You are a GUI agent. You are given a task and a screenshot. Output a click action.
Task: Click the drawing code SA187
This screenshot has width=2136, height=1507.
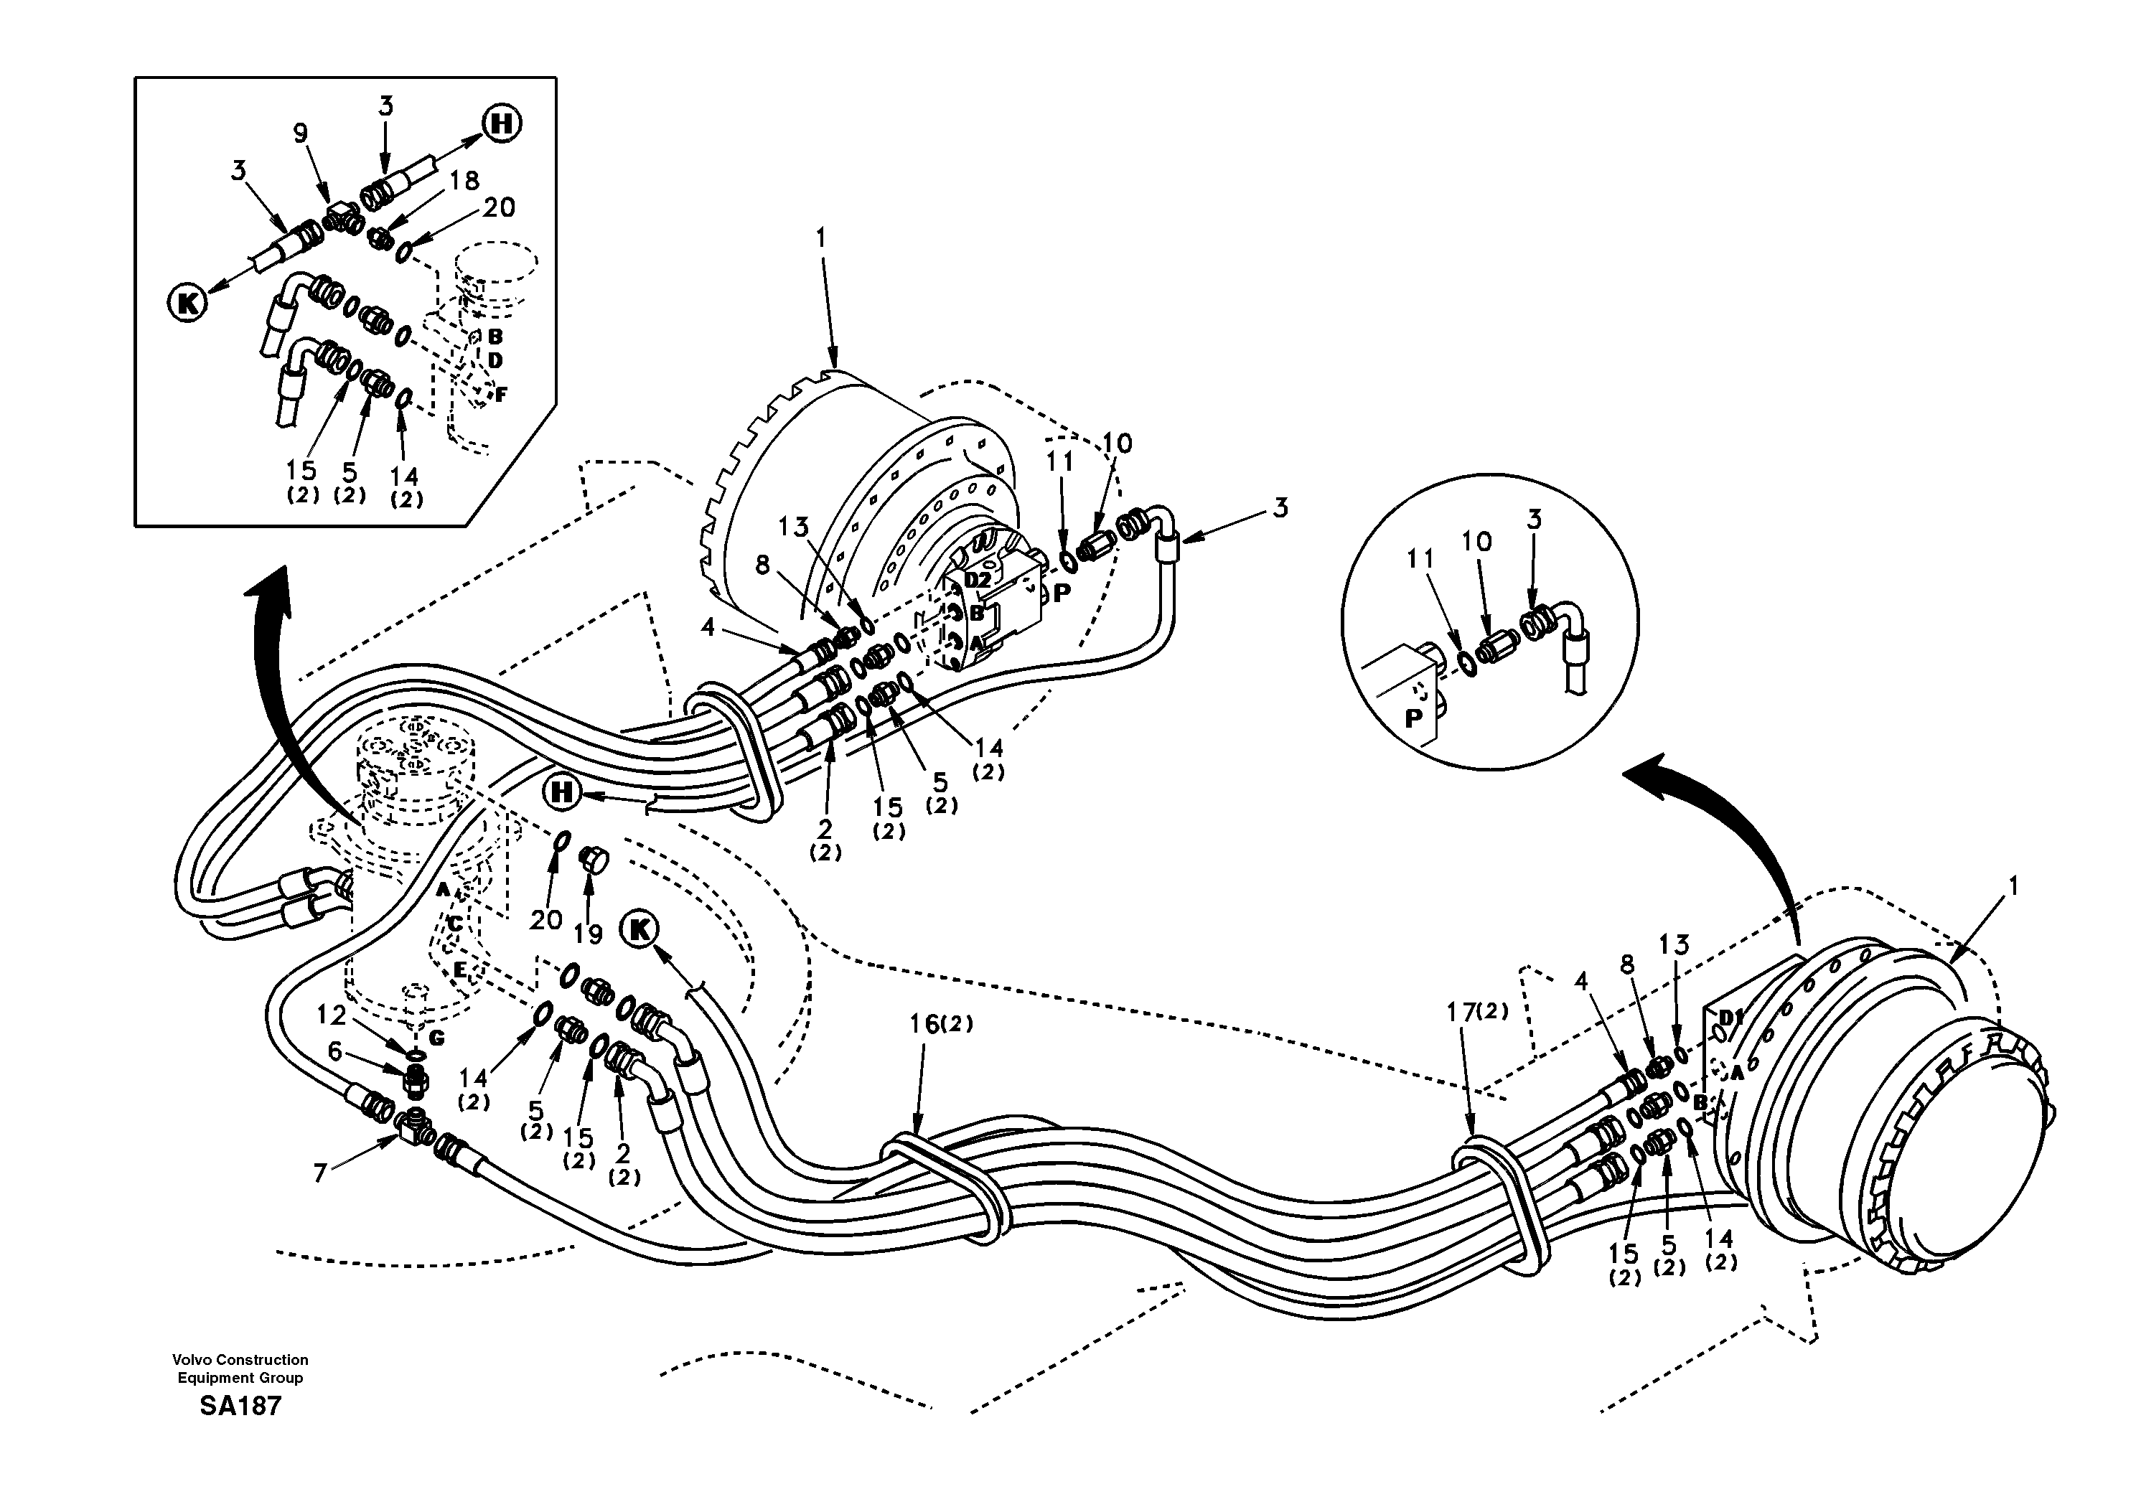point(240,1406)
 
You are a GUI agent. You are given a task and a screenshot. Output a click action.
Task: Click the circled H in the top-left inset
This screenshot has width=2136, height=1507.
point(502,123)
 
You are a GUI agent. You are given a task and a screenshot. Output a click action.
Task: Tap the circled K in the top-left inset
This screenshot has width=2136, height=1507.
point(187,302)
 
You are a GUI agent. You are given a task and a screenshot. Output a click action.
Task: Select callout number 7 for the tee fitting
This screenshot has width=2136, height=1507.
point(320,1174)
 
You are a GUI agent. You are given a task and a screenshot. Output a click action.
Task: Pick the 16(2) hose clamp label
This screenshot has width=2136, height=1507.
point(940,1024)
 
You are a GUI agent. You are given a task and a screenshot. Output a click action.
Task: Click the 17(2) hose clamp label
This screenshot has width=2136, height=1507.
point(1477,1010)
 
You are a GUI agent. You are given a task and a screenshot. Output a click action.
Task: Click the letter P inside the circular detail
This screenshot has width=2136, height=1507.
point(1414,718)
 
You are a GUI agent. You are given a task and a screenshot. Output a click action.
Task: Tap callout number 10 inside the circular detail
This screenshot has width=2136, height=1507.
point(1476,540)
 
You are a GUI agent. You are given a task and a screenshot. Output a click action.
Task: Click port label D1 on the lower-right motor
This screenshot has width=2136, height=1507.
point(1730,1016)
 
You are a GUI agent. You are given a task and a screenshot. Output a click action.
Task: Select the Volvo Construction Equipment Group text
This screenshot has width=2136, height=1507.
point(240,1368)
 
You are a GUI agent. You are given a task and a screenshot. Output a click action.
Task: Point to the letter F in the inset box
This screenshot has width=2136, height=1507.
point(500,395)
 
